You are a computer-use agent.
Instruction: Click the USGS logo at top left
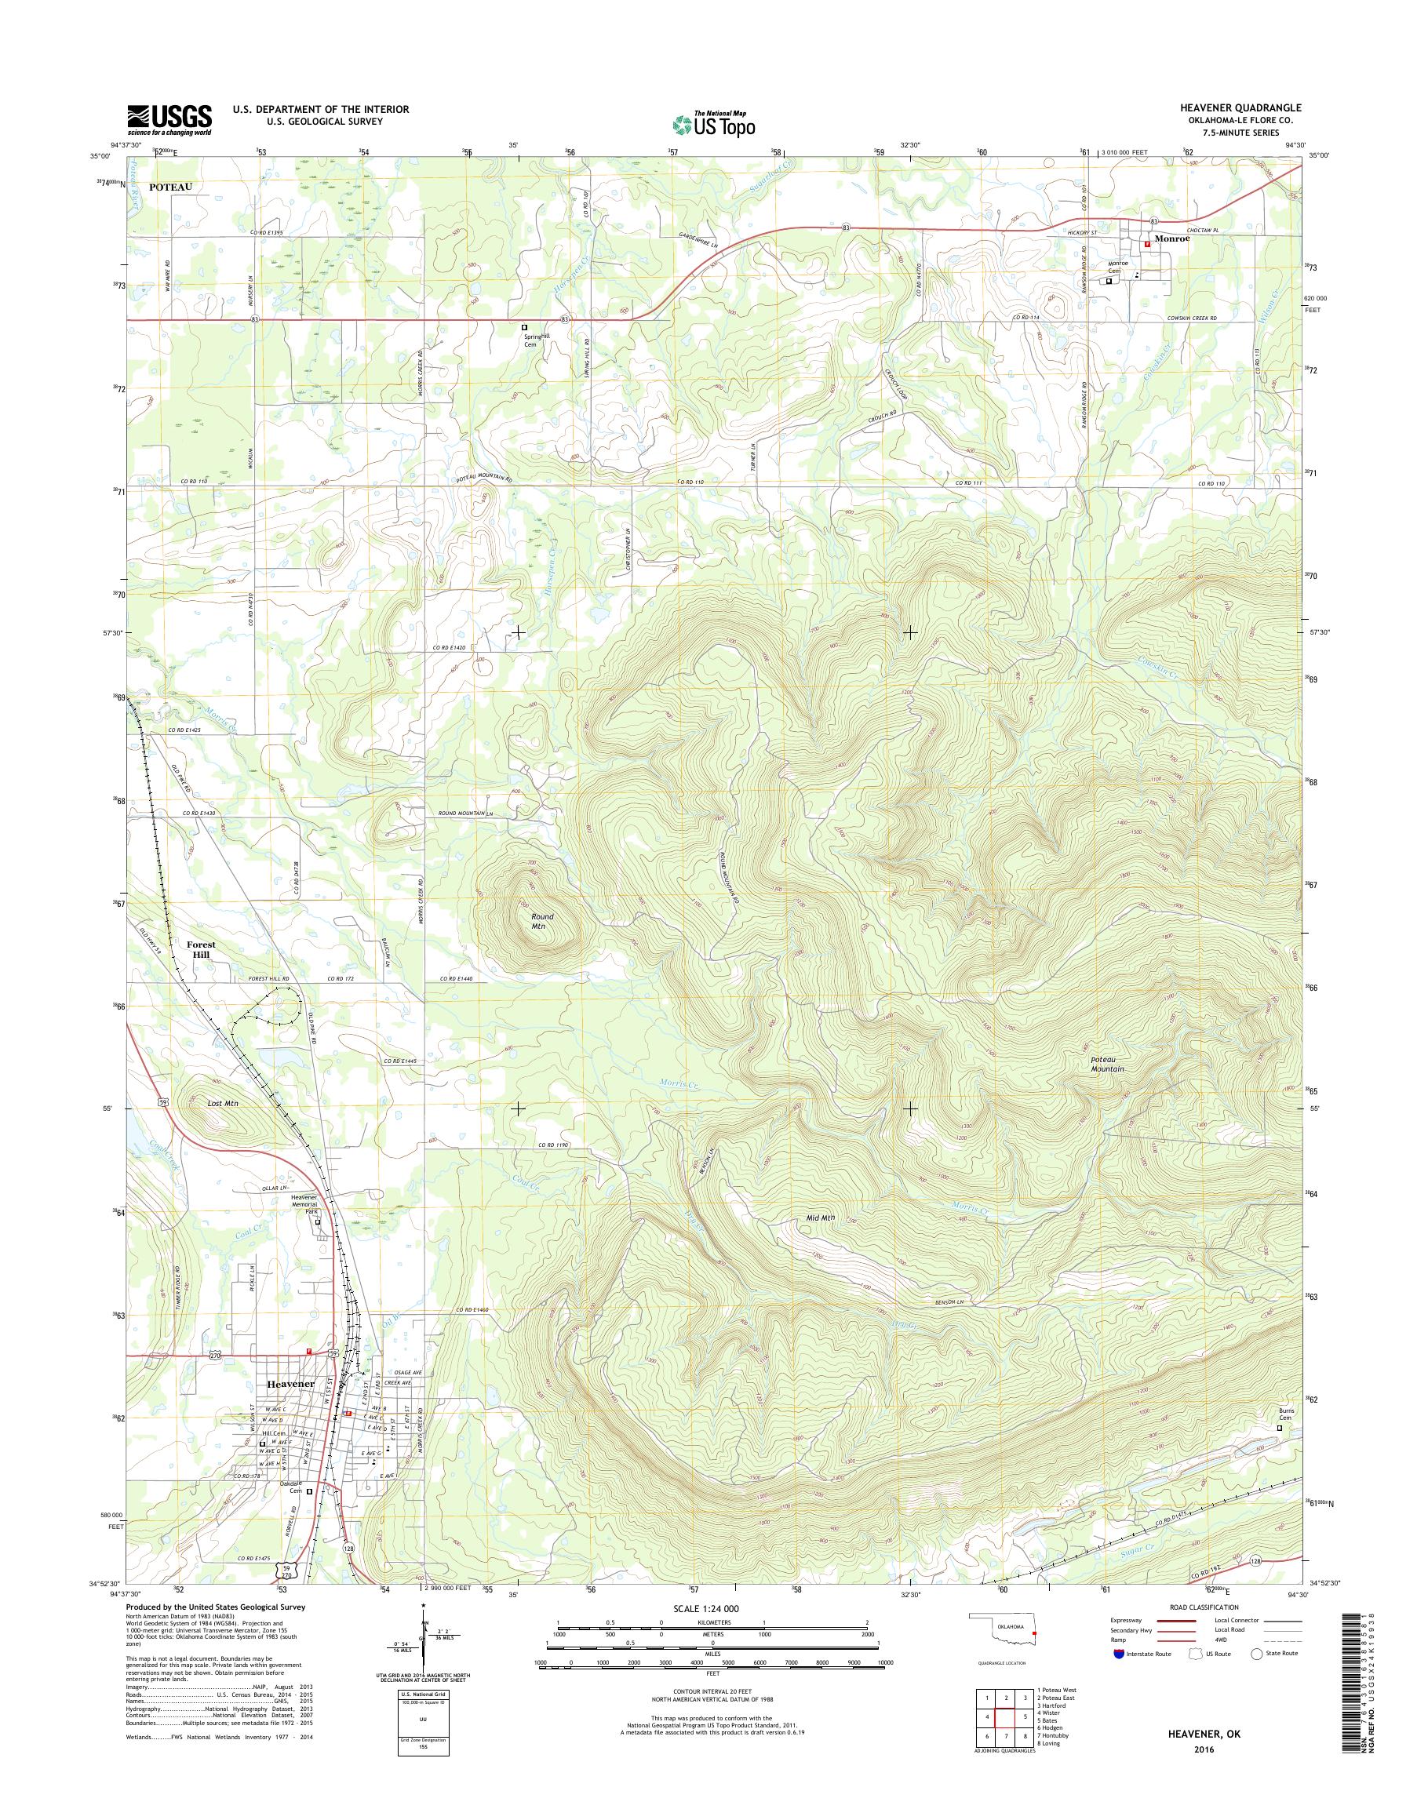169,120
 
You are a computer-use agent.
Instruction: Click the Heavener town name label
290,1384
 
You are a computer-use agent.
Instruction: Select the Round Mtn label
543,921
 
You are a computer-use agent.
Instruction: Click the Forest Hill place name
201,949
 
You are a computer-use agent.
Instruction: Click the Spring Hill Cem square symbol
524,327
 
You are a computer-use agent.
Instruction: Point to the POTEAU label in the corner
170,187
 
